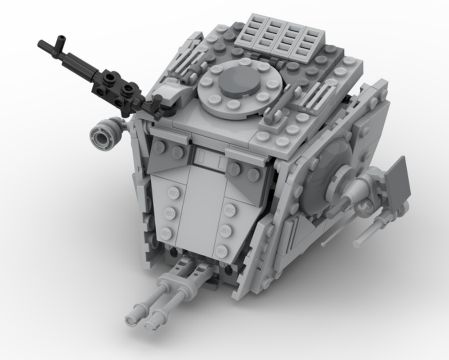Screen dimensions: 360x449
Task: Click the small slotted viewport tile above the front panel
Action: (209, 158)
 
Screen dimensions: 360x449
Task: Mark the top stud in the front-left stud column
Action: (172, 193)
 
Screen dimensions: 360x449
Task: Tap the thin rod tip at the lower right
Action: (358, 244)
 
